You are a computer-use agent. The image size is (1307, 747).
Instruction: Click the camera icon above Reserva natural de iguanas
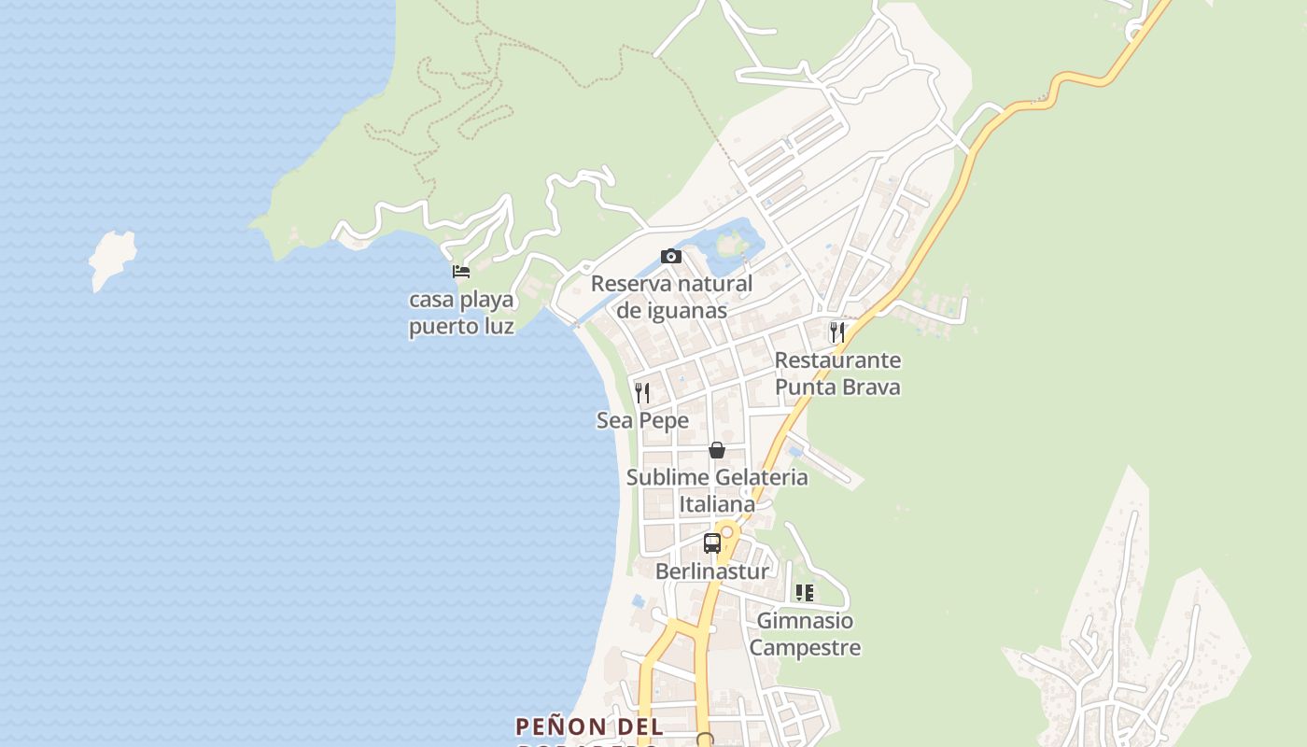point(670,257)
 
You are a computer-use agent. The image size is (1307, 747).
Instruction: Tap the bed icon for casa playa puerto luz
point(460,272)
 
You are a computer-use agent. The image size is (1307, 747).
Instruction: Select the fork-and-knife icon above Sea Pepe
point(642,392)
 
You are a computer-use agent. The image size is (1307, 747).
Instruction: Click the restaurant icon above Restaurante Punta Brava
point(837,331)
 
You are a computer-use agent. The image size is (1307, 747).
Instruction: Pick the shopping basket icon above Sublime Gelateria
point(717,450)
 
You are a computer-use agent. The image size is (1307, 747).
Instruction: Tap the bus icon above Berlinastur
point(712,543)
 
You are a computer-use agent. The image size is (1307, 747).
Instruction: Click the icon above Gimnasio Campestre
point(804,593)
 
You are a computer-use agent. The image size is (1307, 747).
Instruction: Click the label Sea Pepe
point(642,421)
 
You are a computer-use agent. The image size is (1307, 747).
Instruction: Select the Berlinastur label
point(712,571)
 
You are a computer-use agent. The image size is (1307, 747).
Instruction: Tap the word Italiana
point(717,505)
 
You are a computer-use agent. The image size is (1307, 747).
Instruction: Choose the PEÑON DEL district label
point(589,726)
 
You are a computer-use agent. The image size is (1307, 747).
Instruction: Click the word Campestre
point(805,648)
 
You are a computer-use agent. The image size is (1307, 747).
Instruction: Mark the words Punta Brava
point(837,387)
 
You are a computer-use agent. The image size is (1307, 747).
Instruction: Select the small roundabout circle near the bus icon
point(726,531)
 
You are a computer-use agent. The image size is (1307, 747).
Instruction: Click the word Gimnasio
point(805,621)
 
